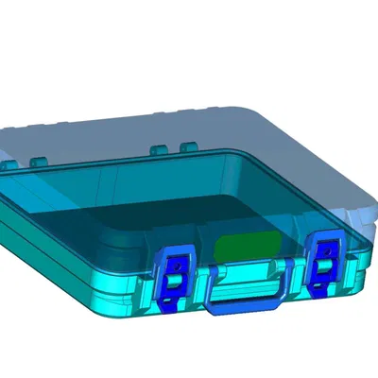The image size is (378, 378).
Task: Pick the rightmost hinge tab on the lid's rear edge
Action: point(187,146)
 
